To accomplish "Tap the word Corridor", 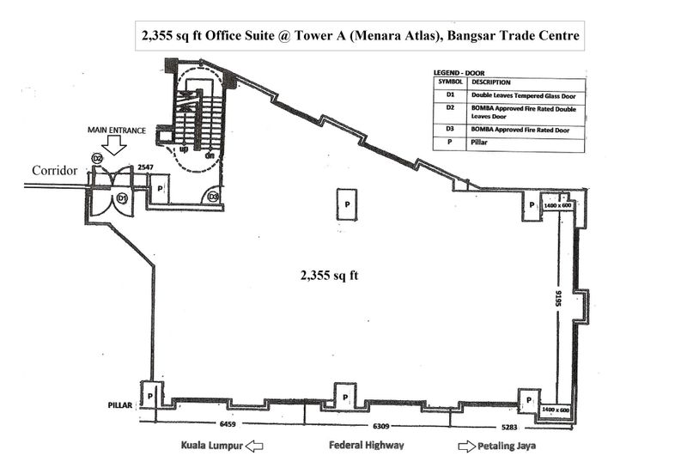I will (x=54, y=171).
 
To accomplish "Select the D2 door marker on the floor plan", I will (x=97, y=159).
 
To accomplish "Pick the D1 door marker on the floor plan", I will (x=122, y=198).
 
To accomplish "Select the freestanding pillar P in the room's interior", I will (x=347, y=204).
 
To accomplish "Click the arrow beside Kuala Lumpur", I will (x=253, y=447).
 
